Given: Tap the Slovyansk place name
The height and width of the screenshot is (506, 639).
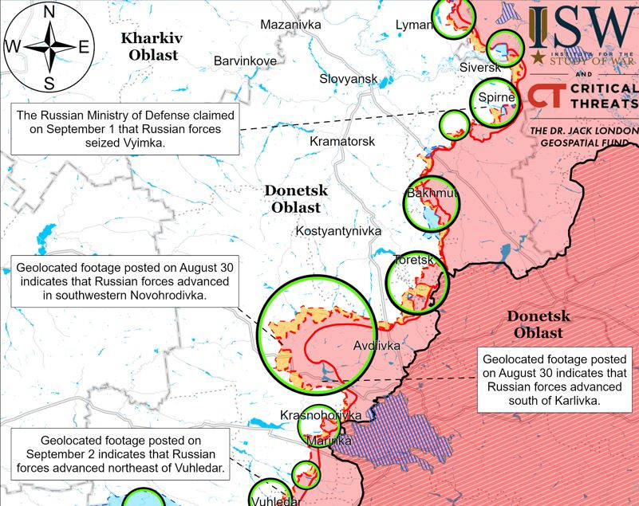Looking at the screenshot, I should point(348,79).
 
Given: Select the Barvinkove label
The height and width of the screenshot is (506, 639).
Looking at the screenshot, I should point(245,61).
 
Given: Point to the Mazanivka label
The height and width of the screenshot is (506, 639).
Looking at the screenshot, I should point(290,25).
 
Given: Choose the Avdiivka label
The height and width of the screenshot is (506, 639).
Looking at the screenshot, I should point(377,346).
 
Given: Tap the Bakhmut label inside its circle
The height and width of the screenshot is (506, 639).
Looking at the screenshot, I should point(432,194).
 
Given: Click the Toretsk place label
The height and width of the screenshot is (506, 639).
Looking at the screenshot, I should point(413,261).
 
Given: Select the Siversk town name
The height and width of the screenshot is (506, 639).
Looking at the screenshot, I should point(479,68).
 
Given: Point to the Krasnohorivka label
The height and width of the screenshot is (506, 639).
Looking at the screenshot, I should point(321,416).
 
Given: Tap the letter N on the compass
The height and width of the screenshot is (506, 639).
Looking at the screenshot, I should point(49,11).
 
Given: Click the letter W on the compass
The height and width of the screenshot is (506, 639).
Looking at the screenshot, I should point(12,46).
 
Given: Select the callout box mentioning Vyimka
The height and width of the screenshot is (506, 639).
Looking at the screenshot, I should point(124,129).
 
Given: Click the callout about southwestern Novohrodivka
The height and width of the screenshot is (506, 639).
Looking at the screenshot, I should point(124,281).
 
